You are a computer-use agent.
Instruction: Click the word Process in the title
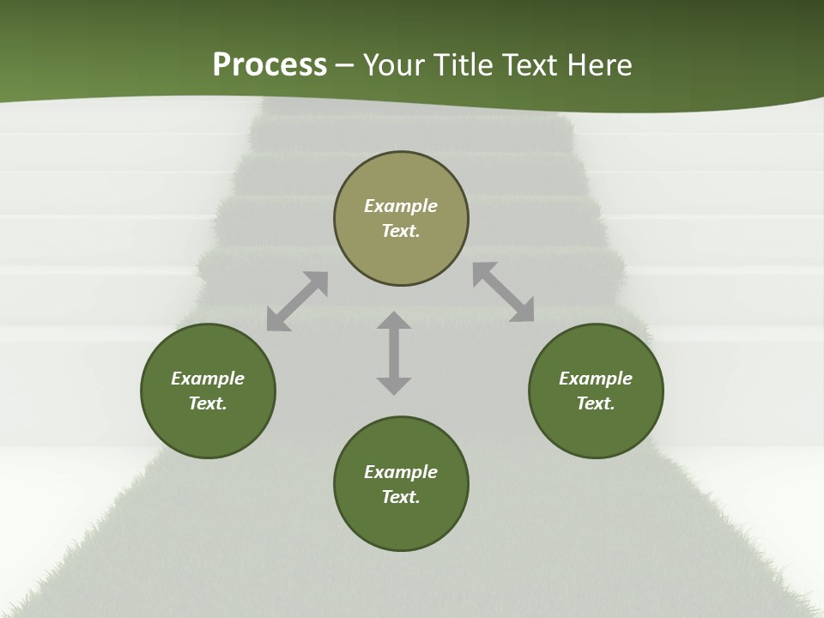pos(270,65)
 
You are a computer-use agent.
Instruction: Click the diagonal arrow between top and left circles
pos(297,301)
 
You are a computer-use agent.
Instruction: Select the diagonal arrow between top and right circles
pos(503,292)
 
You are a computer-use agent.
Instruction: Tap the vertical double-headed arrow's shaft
pos(394,353)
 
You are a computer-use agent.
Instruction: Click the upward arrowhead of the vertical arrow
pos(394,320)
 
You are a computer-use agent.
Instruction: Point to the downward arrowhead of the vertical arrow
pos(394,385)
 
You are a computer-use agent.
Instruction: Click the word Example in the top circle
pos(401,206)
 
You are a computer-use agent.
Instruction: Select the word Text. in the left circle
pos(208,403)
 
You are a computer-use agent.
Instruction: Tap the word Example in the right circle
pos(596,379)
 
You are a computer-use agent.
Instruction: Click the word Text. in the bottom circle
pos(401,497)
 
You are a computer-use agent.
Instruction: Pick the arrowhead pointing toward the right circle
pos(523,312)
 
